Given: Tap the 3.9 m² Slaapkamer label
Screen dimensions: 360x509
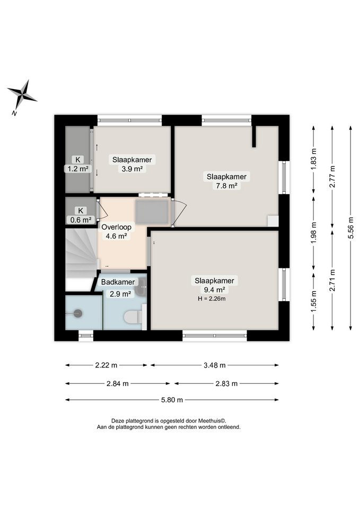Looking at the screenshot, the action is click(x=132, y=164).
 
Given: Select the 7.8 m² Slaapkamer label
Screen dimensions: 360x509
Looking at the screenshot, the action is click(x=226, y=181).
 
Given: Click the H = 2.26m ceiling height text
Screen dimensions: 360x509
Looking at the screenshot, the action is click(x=212, y=299).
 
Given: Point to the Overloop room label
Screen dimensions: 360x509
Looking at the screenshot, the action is click(x=116, y=232).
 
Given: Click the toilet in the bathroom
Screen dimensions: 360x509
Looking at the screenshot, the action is click(x=133, y=317).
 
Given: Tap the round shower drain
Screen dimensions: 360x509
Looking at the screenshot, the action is click(x=77, y=313).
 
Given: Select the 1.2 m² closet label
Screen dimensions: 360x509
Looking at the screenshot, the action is click(x=78, y=164).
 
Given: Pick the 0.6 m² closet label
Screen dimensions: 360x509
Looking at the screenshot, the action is click(x=81, y=215).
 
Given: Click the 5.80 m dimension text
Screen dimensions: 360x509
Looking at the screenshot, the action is click(x=172, y=400).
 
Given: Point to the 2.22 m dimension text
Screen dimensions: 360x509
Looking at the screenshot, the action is click(x=106, y=365).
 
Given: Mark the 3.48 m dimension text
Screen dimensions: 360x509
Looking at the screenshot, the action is click(x=215, y=365).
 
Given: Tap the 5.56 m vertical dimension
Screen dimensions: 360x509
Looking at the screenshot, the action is click(x=350, y=227).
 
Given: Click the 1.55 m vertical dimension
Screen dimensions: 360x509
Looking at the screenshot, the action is click(x=313, y=302).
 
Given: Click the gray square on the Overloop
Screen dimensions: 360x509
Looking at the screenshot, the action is click(x=151, y=212).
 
